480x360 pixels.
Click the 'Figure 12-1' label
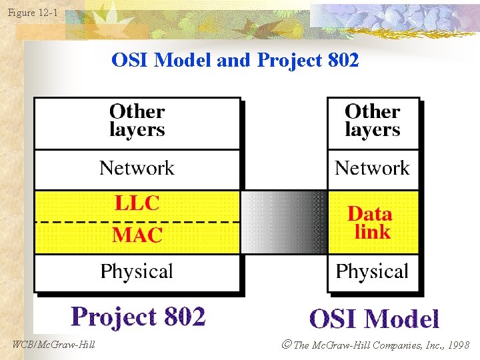point(33,11)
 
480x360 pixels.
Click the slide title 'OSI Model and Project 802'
point(235,61)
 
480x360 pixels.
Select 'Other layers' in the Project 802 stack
point(137,121)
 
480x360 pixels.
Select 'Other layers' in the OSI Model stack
point(372,121)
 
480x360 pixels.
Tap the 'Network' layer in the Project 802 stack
point(137,168)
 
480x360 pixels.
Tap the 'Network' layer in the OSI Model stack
point(372,168)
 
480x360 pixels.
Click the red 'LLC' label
point(137,203)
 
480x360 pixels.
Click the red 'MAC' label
point(137,235)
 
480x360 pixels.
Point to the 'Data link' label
point(370,223)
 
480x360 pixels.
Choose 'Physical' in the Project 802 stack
point(137,271)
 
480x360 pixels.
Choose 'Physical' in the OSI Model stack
point(372,271)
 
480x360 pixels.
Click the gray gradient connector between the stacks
point(283,222)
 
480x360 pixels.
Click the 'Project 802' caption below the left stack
point(138,317)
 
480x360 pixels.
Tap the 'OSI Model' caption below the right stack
point(374,319)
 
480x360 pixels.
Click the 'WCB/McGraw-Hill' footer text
point(54,345)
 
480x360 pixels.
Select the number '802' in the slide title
point(344,61)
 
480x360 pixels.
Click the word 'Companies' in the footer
point(396,345)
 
